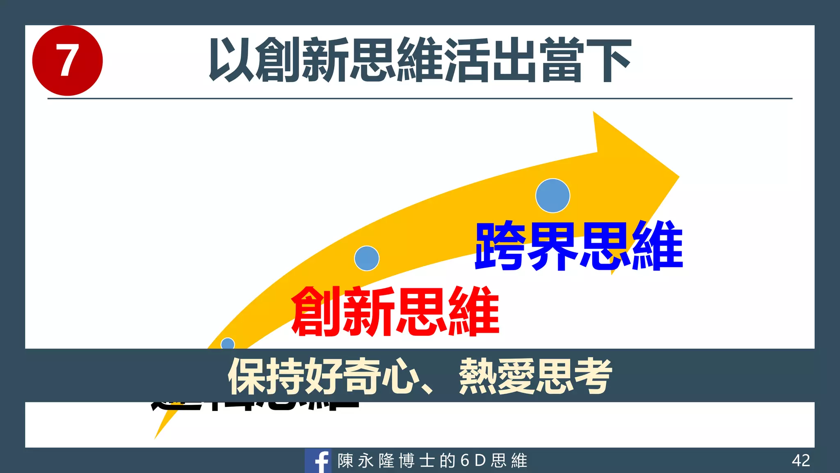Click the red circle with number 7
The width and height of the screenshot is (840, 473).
67,60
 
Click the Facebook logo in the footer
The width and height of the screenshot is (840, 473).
318,461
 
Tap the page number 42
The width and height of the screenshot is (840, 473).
801,461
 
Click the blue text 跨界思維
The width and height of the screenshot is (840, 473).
579,246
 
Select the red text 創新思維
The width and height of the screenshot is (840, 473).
395,311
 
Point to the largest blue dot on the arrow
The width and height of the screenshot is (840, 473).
552,196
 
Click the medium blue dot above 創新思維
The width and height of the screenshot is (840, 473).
367,258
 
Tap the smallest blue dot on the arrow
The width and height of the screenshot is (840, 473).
228,344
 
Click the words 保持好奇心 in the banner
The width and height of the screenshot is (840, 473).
323,376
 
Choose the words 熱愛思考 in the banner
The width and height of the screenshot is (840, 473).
535,376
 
